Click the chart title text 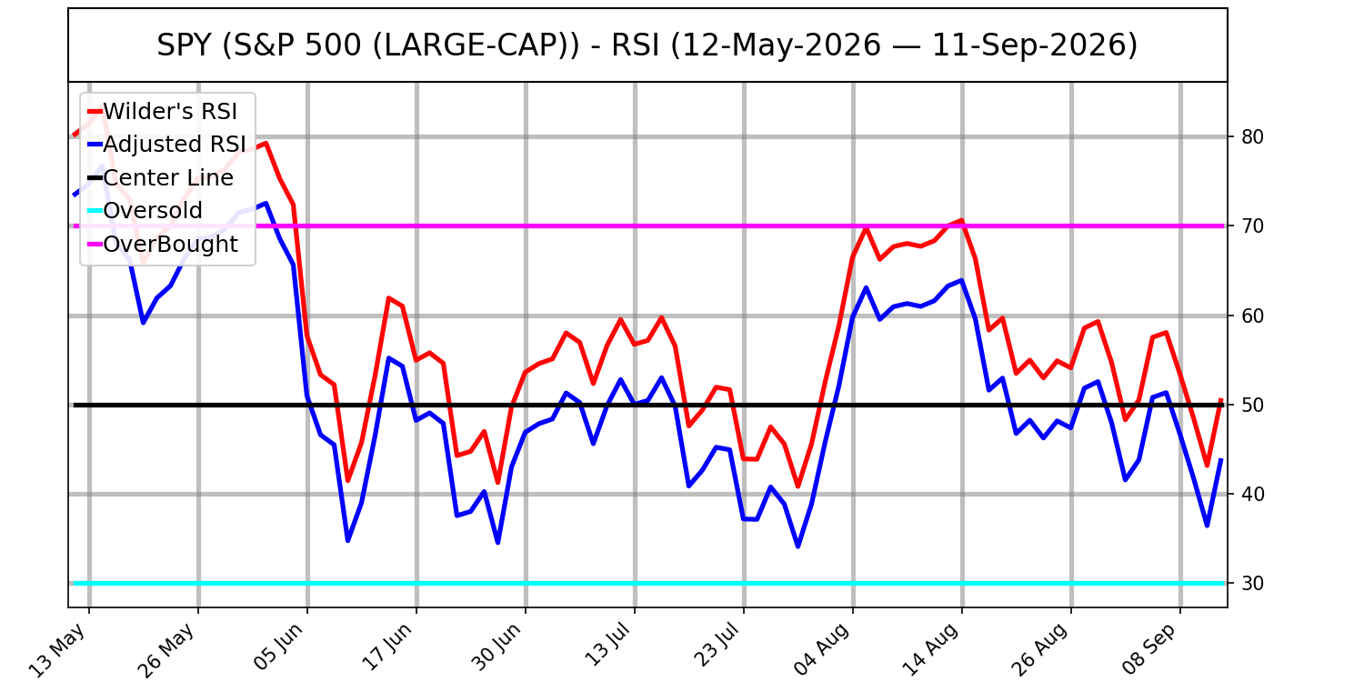click(x=647, y=45)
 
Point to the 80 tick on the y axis click(x=1252, y=137)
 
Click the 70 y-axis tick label click(x=1252, y=226)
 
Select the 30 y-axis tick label click(x=1252, y=584)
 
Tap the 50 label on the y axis click(x=1252, y=405)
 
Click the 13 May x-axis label click(x=58, y=649)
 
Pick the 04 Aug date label click(x=822, y=649)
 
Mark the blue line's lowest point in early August click(x=797, y=547)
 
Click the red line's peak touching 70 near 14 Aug click(x=961, y=220)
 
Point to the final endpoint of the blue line click(x=1221, y=460)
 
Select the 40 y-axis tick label click(x=1252, y=494)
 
